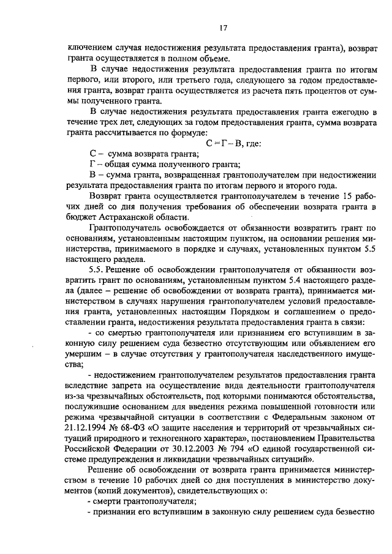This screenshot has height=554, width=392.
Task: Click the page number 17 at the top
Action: pyautogui.click(x=224, y=26)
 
